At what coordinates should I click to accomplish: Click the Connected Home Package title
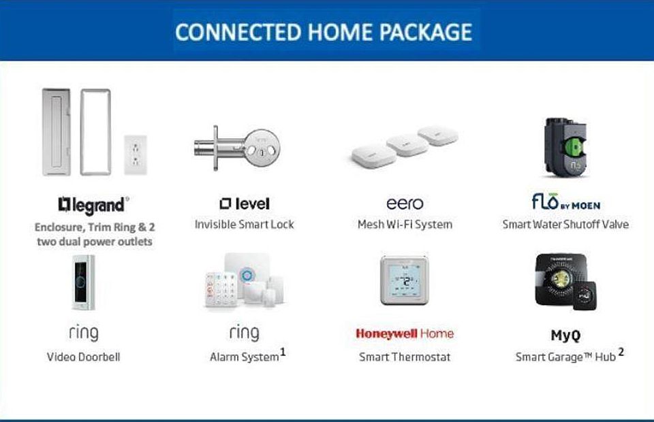[x=324, y=32]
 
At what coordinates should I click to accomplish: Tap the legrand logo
[x=93, y=205]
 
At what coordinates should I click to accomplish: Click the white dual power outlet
[x=136, y=155]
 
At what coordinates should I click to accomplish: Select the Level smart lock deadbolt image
[x=237, y=148]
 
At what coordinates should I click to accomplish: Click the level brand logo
[x=245, y=204]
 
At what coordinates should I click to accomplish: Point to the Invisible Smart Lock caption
[x=245, y=225]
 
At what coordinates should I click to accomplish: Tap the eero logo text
[x=405, y=204]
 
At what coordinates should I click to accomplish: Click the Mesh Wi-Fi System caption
[x=405, y=225]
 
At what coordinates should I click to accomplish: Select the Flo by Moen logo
[x=566, y=202]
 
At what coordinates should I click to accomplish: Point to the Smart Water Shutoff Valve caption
[x=565, y=225]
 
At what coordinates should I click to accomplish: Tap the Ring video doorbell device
[x=83, y=282]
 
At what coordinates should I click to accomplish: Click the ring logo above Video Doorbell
[x=84, y=334]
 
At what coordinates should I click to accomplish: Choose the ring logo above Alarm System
[x=245, y=333]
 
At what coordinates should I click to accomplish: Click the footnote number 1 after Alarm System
[x=283, y=353]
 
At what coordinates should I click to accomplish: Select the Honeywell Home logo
[x=405, y=334]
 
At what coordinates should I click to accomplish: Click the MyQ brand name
[x=565, y=336]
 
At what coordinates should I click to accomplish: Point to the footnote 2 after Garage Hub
[x=621, y=352]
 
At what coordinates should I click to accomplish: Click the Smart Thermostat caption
[x=405, y=357]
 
